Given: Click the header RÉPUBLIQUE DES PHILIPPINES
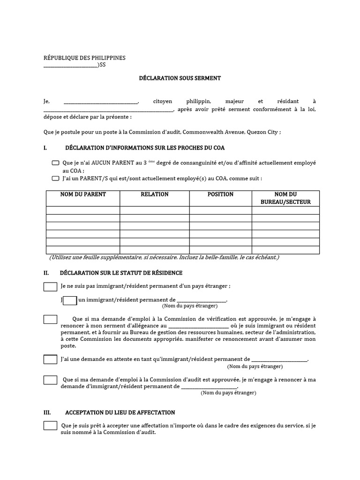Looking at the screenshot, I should point(84,58).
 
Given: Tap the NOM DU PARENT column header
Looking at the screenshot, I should point(83,195).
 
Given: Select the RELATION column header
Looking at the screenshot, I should point(155,195).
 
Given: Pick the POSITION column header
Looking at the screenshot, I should point(220,195).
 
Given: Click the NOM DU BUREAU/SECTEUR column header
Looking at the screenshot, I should point(285,198).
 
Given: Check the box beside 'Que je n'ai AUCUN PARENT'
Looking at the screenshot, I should point(56,163).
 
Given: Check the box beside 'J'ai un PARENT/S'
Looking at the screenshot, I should point(56,179).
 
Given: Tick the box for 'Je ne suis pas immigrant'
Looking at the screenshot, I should point(50,286).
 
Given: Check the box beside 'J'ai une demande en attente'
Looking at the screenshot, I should point(50,360).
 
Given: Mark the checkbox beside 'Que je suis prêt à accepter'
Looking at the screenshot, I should point(50,426).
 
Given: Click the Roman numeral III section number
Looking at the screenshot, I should point(47,412).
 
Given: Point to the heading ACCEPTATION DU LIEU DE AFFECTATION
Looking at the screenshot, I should point(120,412).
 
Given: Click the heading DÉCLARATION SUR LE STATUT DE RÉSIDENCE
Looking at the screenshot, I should point(121,273).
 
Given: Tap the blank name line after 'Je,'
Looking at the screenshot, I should point(101,102).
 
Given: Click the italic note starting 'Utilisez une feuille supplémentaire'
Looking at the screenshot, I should point(164,258).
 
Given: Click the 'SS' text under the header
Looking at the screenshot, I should point(102,65).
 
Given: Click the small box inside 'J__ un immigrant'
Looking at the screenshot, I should point(70,300).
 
